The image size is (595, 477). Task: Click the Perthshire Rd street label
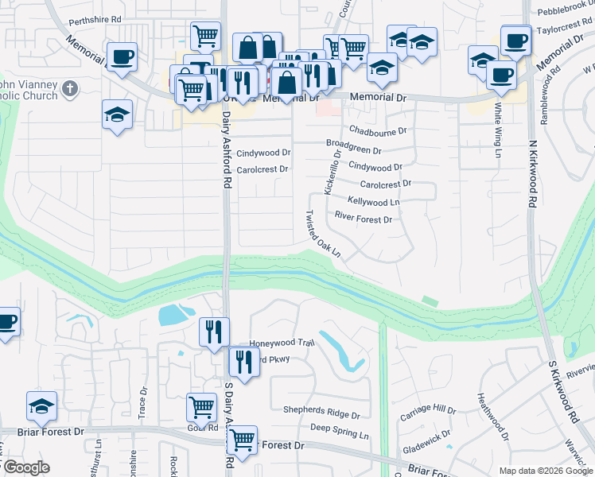click(x=95, y=17)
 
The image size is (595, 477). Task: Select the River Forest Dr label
click(x=363, y=219)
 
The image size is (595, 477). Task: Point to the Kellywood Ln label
click(x=373, y=202)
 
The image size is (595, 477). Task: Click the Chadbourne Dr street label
click(x=378, y=130)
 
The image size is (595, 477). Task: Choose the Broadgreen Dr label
click(x=354, y=149)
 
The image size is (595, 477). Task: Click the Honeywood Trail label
click(x=282, y=343)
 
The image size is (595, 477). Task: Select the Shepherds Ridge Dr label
click(x=321, y=413)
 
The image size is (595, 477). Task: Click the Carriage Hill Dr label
click(x=428, y=411)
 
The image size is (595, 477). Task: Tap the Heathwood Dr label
click(x=492, y=416)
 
